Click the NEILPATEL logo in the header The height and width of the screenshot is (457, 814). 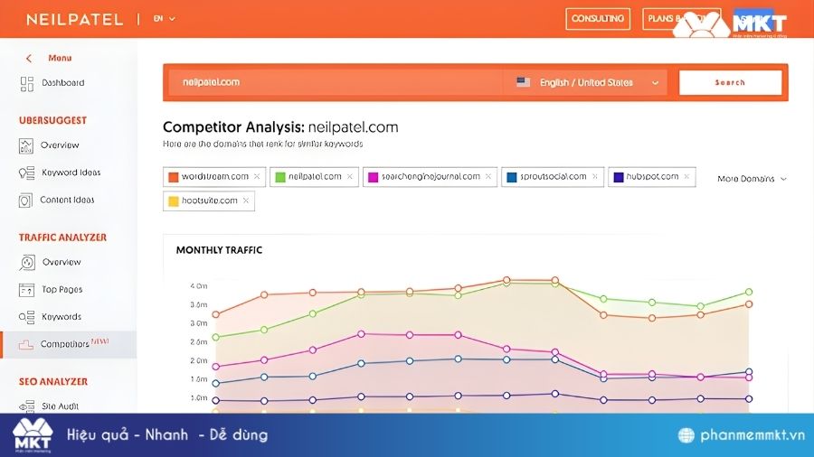tap(74, 19)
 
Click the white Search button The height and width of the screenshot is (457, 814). tap(730, 82)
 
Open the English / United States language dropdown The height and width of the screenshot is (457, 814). tap(586, 82)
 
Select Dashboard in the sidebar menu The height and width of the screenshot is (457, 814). tap(62, 83)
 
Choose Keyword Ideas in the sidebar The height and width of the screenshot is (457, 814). tap(71, 173)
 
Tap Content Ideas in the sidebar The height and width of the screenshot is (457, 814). tap(67, 200)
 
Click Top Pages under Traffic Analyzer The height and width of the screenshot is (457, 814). tap(62, 290)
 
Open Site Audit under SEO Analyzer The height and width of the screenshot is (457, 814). tap(61, 406)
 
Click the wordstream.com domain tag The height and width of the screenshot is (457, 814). tap(213, 177)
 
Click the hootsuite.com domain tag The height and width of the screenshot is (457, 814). tap(209, 201)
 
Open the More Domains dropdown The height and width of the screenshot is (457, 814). tap(751, 179)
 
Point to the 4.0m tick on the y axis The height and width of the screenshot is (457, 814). tap(198, 286)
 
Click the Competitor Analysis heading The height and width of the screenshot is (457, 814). tap(280, 127)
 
